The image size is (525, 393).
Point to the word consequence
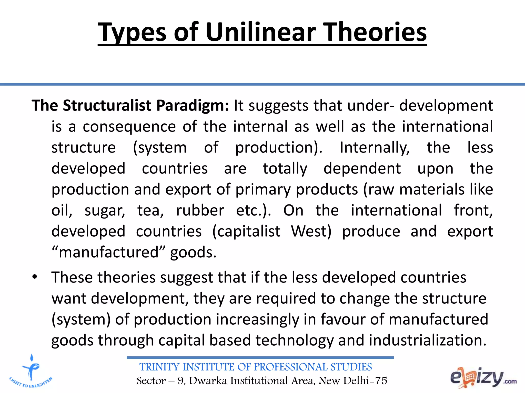click(129, 127)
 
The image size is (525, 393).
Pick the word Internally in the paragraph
click(375, 148)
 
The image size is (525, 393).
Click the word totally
click(285, 169)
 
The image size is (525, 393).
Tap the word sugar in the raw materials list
click(105, 211)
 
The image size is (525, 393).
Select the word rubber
click(200, 211)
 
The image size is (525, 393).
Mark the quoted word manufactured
click(109, 253)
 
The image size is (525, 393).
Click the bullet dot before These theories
click(35, 277)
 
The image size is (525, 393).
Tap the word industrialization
click(427, 341)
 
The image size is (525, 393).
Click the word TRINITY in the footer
click(159, 367)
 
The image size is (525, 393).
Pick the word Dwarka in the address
click(208, 381)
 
